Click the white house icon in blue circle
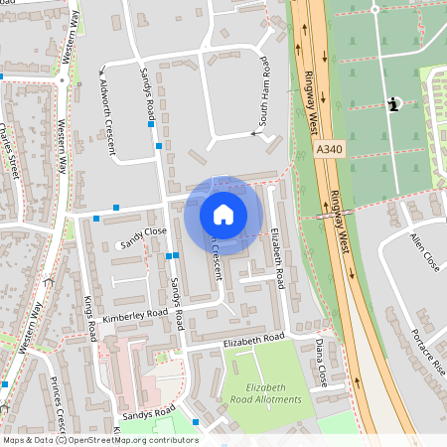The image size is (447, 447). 223,214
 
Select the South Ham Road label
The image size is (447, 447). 266,98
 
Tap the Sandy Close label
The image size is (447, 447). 142,236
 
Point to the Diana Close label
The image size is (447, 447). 322,363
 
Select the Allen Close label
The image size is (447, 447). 423,252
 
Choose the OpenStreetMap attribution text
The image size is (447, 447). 99,440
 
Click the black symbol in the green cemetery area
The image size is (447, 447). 394,105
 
